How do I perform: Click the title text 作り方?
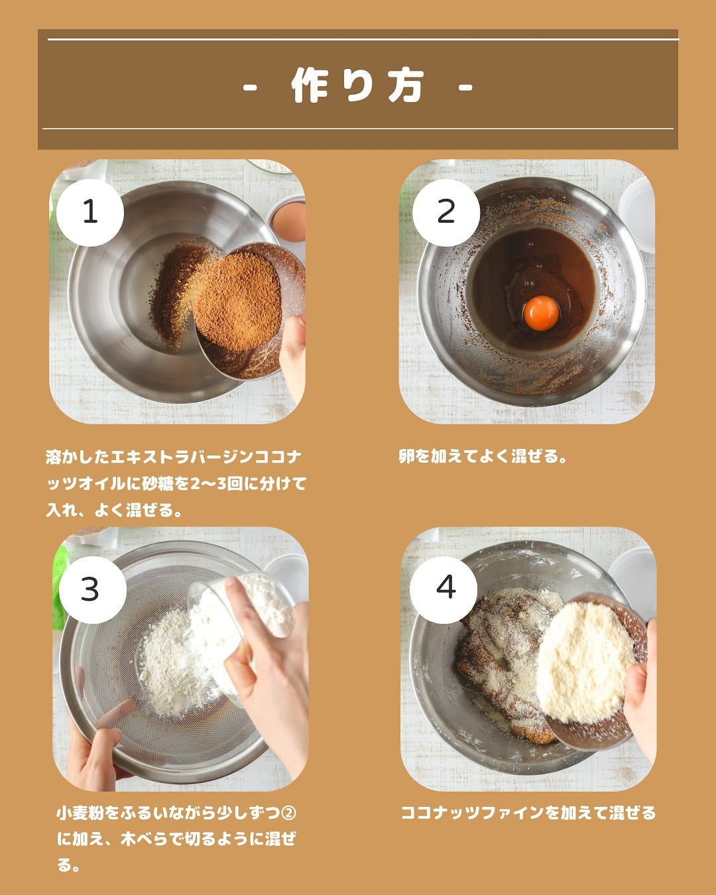point(358,86)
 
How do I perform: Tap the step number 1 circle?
point(90,213)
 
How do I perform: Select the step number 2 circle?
point(446,213)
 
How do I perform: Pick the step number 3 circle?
point(92,590)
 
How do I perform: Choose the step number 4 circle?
point(444,590)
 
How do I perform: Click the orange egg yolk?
point(541,313)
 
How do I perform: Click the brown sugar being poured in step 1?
point(237,300)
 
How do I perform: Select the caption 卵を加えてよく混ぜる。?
point(483,456)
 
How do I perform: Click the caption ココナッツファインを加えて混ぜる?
point(528,813)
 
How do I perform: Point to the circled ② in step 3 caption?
point(289,813)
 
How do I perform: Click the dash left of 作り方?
point(250,88)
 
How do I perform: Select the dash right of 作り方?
point(465,88)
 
